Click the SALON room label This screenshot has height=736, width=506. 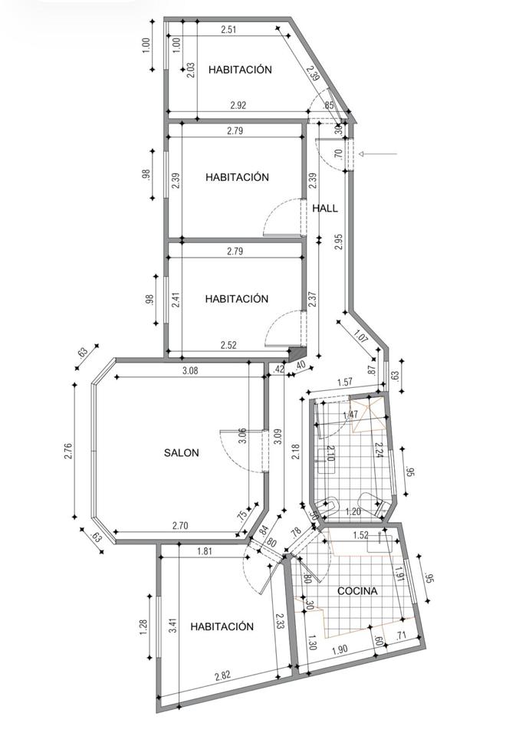181,453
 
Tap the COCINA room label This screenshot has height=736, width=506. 357,591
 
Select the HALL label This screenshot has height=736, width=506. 325,209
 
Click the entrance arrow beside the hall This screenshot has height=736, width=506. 378,153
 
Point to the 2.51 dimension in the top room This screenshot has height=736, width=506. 228,30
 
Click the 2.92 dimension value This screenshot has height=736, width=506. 238,105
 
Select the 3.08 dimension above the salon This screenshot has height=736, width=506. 190,370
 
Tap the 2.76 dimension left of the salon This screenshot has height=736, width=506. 68,451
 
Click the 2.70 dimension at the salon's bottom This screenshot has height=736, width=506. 180,526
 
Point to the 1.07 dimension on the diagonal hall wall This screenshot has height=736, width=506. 360,337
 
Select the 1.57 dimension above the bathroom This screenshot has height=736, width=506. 345,382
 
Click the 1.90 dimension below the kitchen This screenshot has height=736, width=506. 340,651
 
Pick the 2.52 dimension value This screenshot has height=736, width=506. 228,345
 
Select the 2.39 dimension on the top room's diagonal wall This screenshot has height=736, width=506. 313,73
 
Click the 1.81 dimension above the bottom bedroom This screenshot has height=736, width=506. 204,551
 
